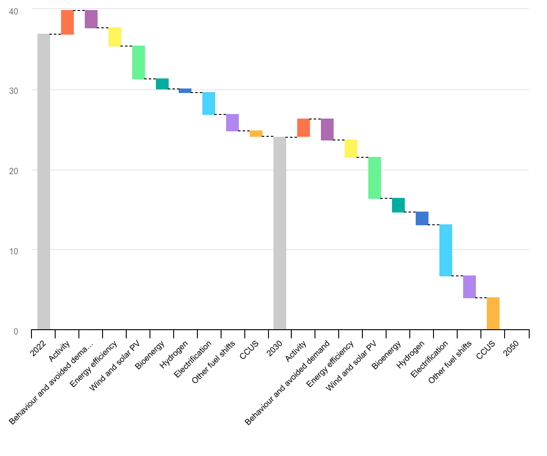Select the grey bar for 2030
point(280,233)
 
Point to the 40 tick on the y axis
point(14,11)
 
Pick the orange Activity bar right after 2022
point(67,22)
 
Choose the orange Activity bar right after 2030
point(304,128)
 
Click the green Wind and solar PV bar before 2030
point(139,62)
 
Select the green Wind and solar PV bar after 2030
point(375,178)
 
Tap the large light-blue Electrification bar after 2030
point(446,250)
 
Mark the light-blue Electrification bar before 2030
point(209,104)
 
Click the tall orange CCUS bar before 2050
point(493,313)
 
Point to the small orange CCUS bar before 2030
point(256,134)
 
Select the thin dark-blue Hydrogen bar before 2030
point(185,91)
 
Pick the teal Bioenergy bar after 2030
point(398,205)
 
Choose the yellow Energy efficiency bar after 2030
point(351,149)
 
